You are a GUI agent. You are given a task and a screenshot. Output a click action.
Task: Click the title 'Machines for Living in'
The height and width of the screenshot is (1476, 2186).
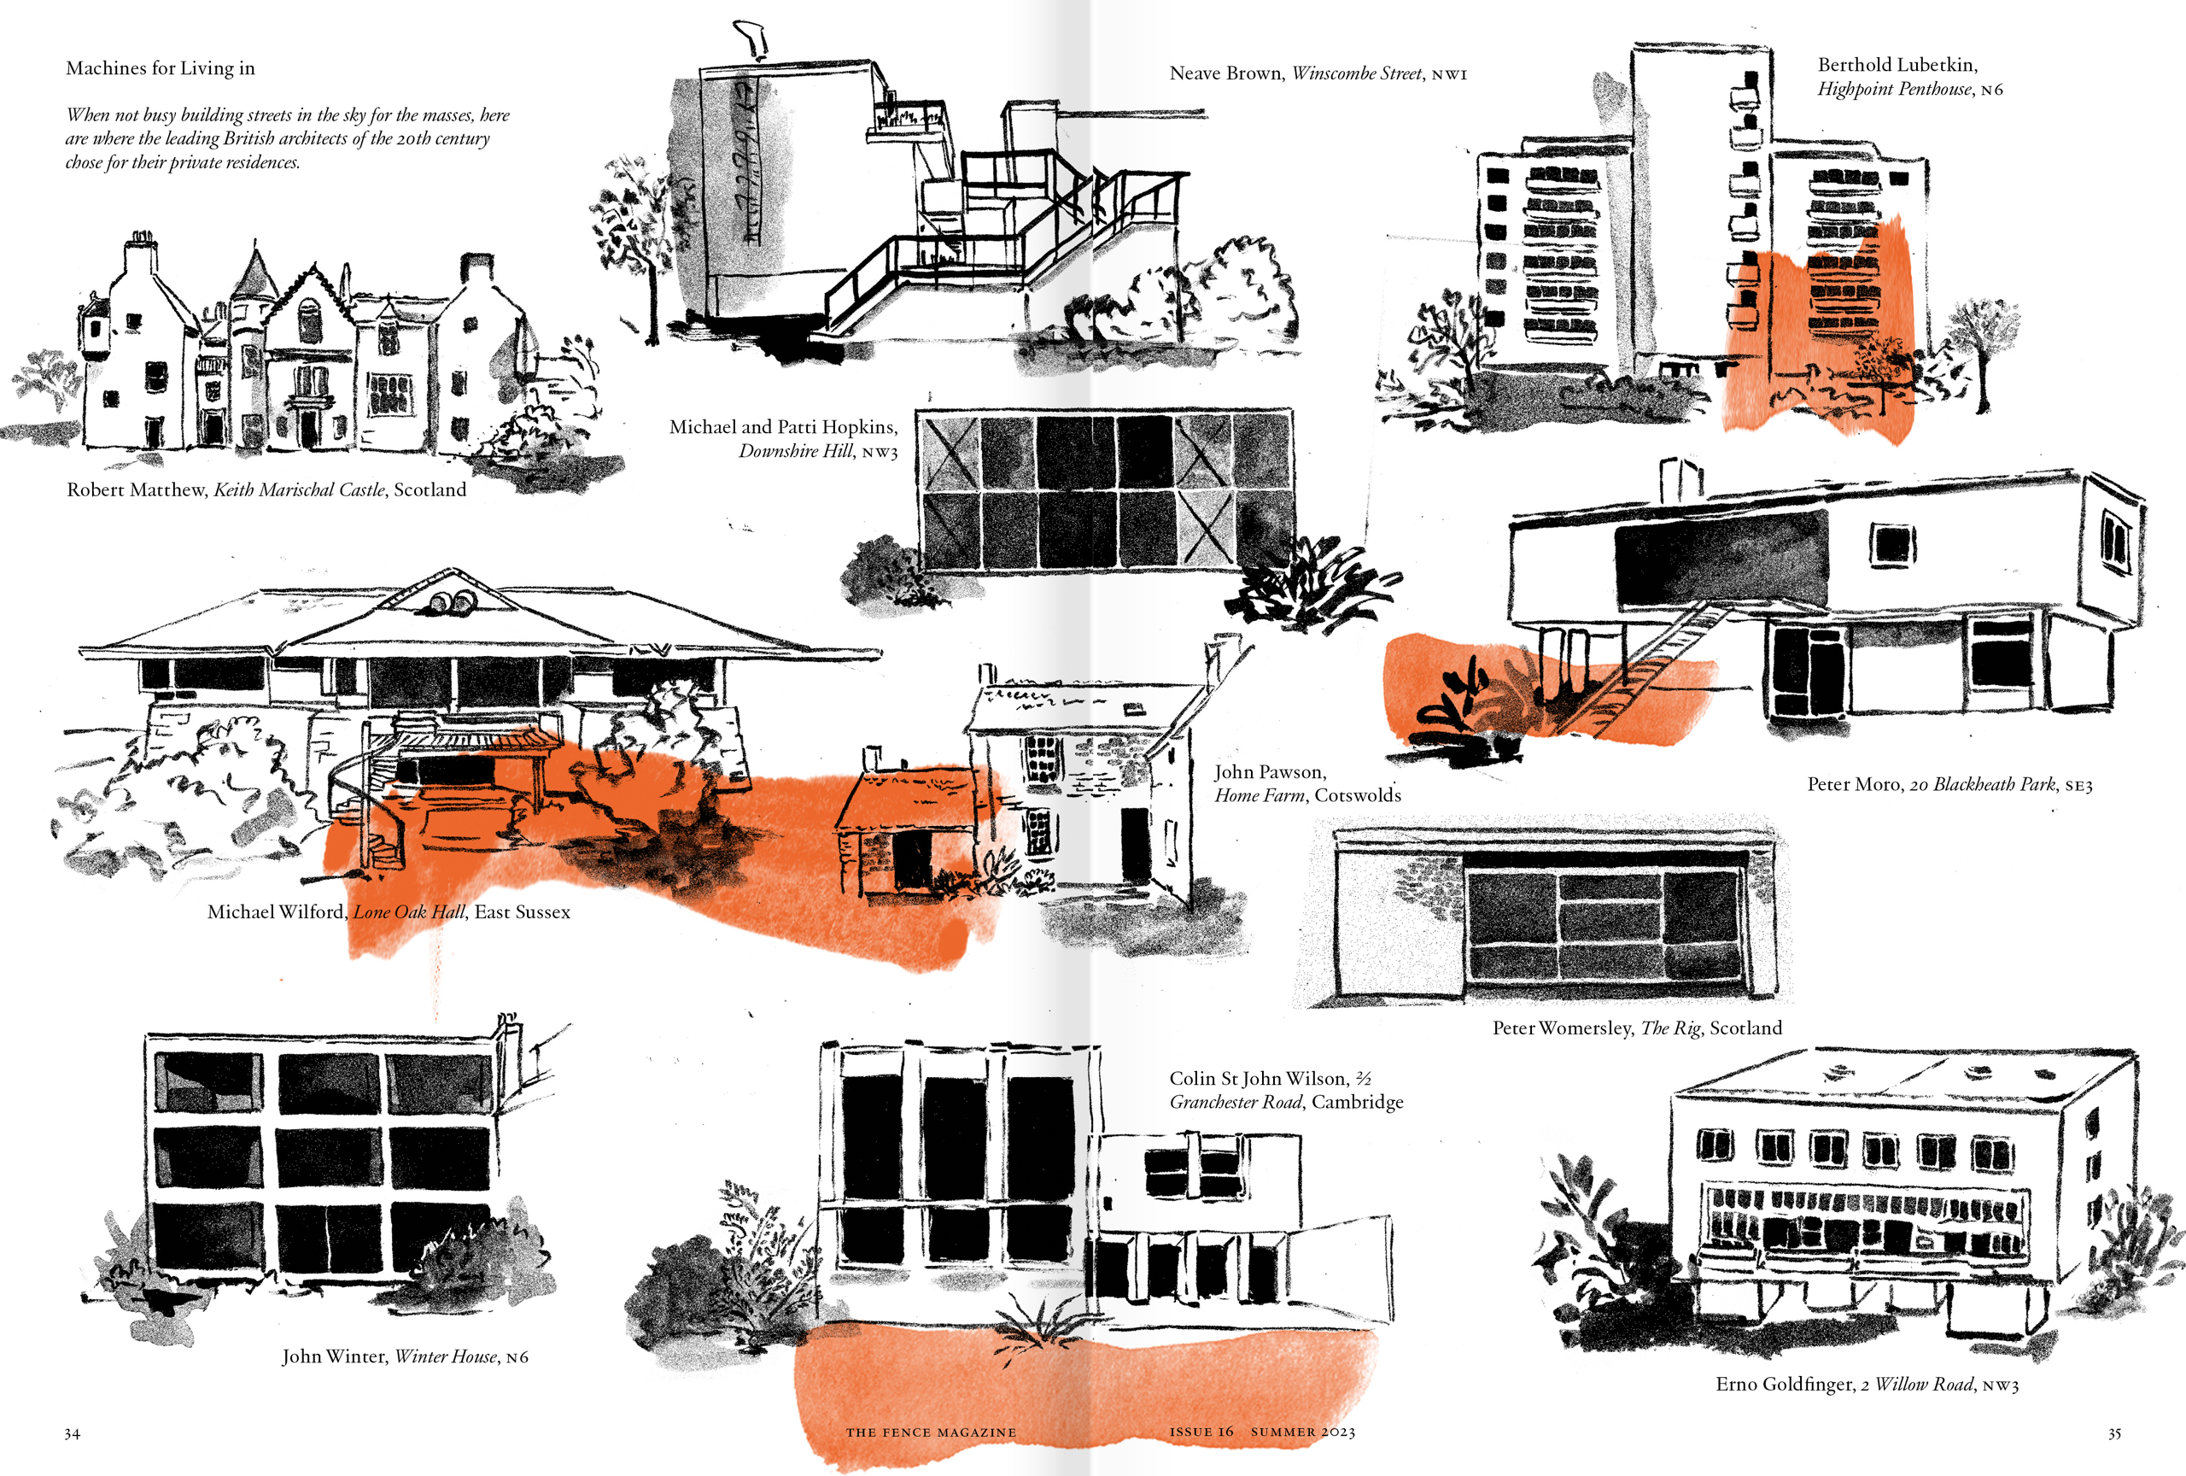160,67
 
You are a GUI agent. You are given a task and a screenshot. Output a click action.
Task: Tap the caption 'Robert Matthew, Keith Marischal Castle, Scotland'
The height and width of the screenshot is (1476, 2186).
266,490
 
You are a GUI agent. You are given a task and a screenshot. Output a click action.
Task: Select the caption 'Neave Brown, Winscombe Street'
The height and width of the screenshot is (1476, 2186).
1318,73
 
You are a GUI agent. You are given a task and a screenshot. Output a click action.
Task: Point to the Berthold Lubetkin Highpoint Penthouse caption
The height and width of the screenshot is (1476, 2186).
1909,77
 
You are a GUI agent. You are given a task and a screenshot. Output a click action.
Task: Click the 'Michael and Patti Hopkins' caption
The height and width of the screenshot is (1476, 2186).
784,439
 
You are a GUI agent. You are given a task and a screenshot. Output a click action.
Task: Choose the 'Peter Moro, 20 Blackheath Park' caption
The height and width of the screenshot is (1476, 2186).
1950,785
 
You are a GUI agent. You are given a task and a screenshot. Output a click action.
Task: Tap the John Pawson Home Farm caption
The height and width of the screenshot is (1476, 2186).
1307,783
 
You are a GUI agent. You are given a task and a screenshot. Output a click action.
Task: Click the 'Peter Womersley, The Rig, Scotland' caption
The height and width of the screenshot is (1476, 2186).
1637,1028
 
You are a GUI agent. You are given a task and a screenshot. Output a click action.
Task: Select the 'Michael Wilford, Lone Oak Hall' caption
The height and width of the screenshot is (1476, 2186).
389,912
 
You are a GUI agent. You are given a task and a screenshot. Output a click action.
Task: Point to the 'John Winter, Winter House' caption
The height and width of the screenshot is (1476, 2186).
406,1356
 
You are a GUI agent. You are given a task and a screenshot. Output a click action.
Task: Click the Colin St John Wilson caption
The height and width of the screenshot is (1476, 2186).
1286,1090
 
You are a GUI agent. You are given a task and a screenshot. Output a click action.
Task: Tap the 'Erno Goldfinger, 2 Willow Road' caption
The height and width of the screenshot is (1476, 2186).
1867,1385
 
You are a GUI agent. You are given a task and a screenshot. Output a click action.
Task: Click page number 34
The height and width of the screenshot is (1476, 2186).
73,1433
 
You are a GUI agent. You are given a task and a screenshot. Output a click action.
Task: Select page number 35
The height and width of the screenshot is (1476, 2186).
2114,1433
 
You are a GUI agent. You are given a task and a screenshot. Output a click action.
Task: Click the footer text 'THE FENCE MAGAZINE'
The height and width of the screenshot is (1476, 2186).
932,1432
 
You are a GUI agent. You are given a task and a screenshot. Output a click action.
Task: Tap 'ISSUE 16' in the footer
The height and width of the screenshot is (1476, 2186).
1201,1432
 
